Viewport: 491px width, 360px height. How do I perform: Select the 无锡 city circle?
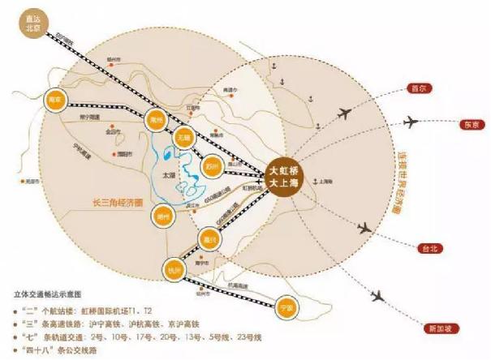(x=184, y=138)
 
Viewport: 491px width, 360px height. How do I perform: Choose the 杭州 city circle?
(x=174, y=269)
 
